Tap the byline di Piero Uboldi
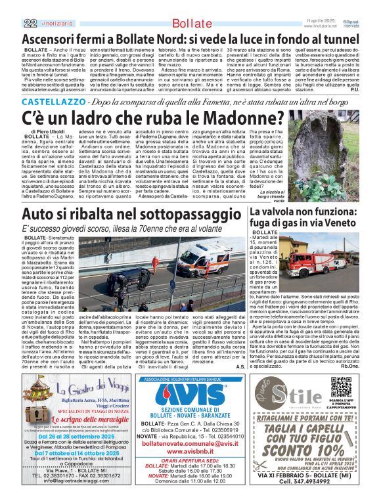47,131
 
